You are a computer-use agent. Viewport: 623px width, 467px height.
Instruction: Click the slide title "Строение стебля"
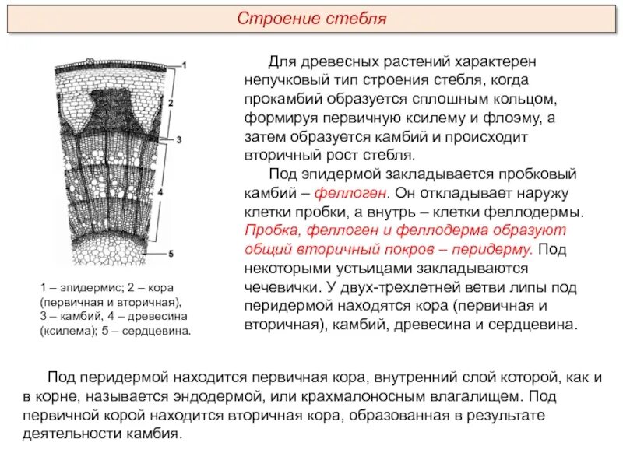pyautogui.click(x=311, y=18)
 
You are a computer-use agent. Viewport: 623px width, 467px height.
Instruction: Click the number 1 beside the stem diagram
pyautogui.click(x=184, y=64)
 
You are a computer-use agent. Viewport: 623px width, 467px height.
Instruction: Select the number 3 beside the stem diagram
pyautogui.click(x=178, y=140)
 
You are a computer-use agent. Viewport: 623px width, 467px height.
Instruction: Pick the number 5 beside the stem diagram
pyautogui.click(x=171, y=253)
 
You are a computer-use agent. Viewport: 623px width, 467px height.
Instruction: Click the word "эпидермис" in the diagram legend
pyautogui.click(x=86, y=288)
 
